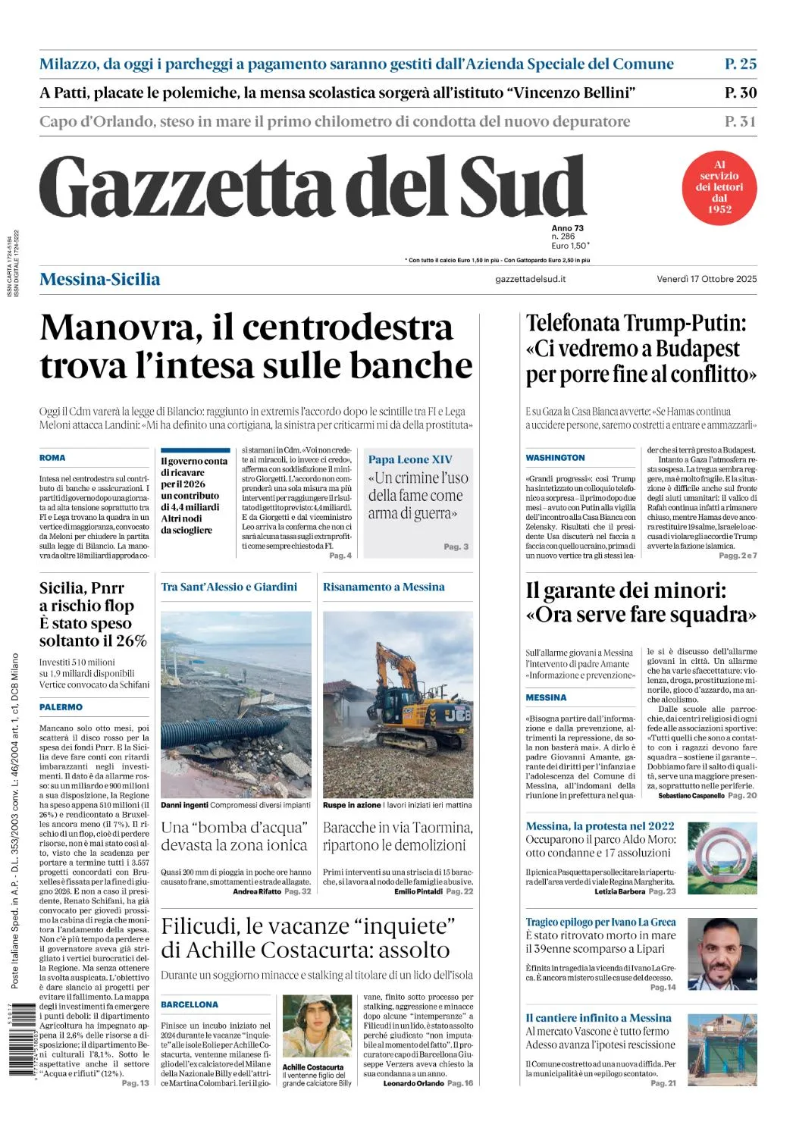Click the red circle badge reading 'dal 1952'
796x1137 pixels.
[719, 187]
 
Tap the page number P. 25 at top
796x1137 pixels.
[740, 64]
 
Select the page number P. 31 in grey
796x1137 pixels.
[740, 121]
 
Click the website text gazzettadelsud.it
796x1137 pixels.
[530, 279]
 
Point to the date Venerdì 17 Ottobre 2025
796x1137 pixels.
[707, 279]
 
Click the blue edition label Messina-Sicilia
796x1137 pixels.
[99, 279]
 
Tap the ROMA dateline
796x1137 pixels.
[52, 458]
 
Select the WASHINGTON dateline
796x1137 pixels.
[555, 458]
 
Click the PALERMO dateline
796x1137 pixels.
[61, 707]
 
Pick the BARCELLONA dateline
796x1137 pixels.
[189, 1005]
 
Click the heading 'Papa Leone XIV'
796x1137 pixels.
[410, 459]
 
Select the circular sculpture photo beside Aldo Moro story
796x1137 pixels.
[722, 857]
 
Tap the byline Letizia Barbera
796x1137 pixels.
[619, 891]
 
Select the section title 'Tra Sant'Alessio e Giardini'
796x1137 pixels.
[229, 587]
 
